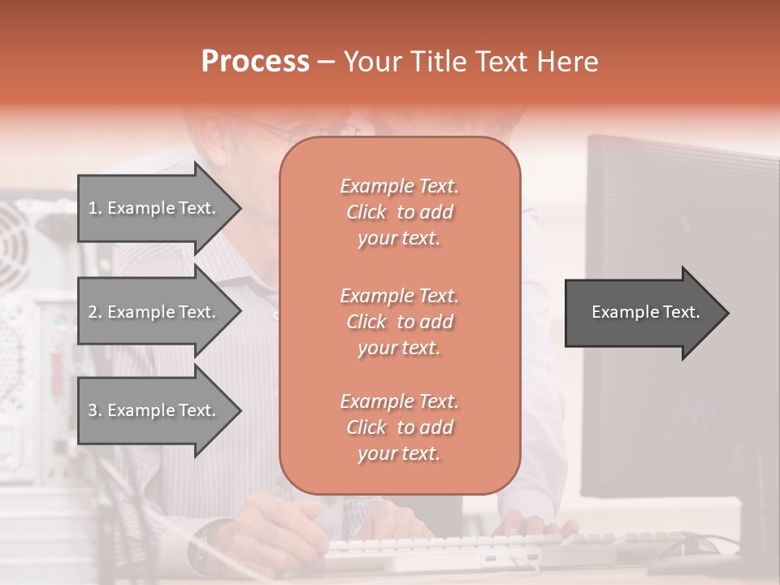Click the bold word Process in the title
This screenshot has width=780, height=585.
[255, 61]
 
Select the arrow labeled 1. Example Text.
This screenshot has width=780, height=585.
[154, 208]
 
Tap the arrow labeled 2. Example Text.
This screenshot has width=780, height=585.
[154, 312]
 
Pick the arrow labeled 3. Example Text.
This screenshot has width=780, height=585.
[154, 410]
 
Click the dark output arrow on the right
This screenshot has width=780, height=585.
[642, 313]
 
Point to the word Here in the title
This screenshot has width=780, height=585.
[569, 61]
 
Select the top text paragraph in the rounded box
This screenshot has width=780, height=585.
[399, 212]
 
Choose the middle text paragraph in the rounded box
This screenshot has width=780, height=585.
[399, 322]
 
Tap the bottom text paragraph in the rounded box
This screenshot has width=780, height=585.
[399, 427]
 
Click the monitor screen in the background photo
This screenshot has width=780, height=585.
[682, 325]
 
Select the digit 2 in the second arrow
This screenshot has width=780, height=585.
[93, 312]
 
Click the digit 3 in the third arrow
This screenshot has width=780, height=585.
[93, 410]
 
